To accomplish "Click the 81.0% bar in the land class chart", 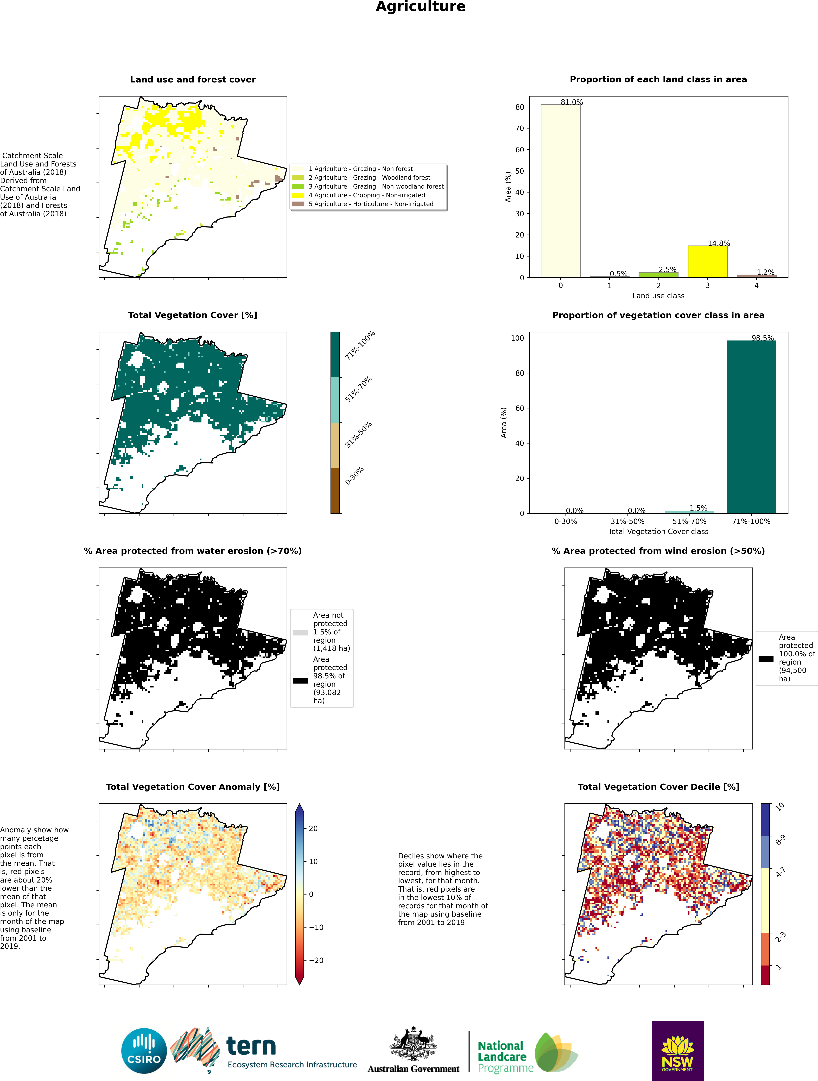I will click(x=560, y=191).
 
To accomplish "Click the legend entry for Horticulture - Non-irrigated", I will click(x=371, y=204).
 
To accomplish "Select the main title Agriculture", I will click(x=421, y=7).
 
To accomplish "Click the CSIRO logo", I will click(x=144, y=1051).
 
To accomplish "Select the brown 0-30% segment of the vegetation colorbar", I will click(x=335, y=490).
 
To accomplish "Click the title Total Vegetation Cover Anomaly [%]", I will click(x=193, y=787).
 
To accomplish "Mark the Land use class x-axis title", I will click(x=658, y=296).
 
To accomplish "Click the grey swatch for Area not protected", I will click(x=300, y=632).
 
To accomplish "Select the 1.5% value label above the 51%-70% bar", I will click(x=698, y=508).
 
